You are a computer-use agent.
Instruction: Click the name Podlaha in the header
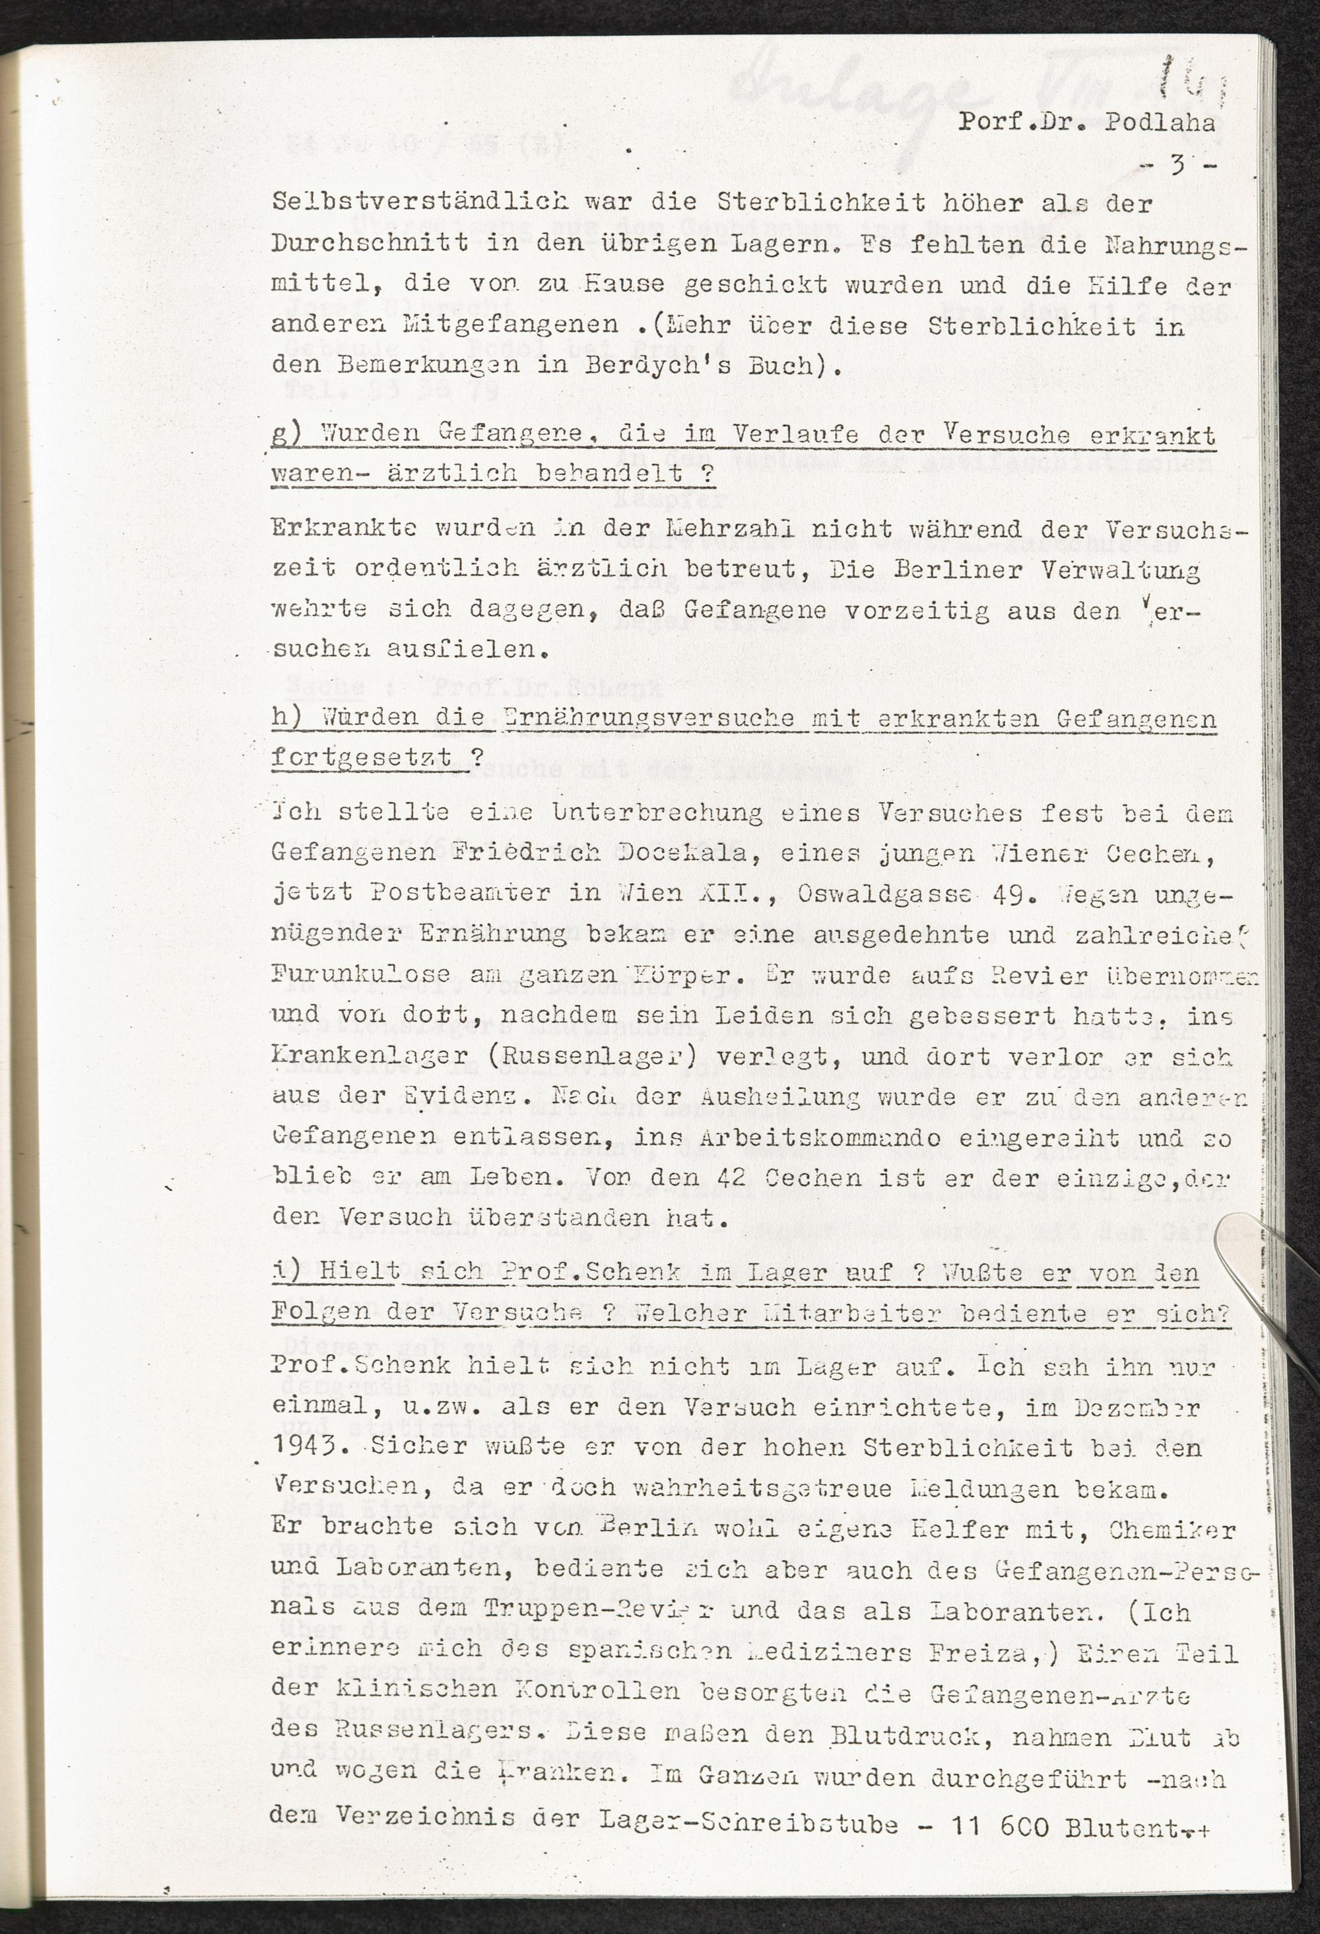[1160, 123]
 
